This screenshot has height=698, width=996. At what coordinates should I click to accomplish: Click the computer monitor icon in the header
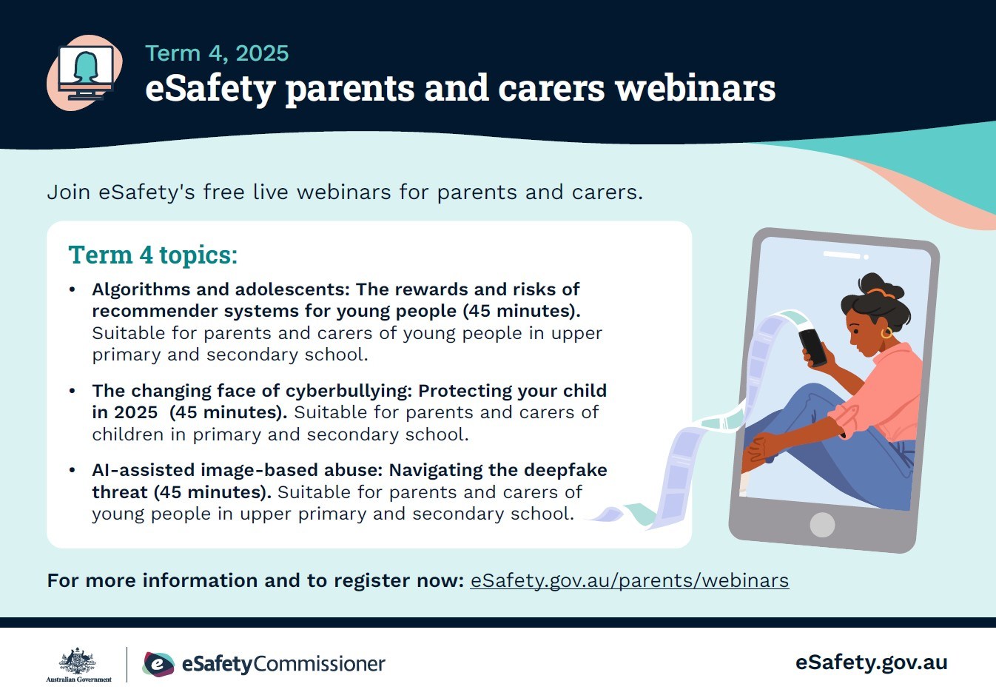85,73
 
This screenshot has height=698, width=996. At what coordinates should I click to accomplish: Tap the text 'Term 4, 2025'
217,53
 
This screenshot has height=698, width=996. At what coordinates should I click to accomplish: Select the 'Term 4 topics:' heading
153,255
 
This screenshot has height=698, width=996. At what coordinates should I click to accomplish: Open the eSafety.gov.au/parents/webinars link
630,580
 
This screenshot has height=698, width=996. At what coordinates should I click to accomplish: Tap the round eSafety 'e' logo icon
158,664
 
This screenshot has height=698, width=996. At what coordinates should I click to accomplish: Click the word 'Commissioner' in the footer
319,664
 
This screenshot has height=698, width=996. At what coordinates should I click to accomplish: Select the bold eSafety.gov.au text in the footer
871,662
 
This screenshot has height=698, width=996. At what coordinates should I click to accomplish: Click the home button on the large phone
822,525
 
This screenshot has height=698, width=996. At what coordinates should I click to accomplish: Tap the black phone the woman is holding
812,347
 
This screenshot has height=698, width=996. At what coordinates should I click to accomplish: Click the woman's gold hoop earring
886,333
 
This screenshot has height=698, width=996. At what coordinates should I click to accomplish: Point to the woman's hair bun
881,285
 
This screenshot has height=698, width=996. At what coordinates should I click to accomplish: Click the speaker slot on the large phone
841,255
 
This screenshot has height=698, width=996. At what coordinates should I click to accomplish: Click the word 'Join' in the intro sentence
69,192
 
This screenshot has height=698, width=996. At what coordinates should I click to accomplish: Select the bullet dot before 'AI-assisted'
73,470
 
